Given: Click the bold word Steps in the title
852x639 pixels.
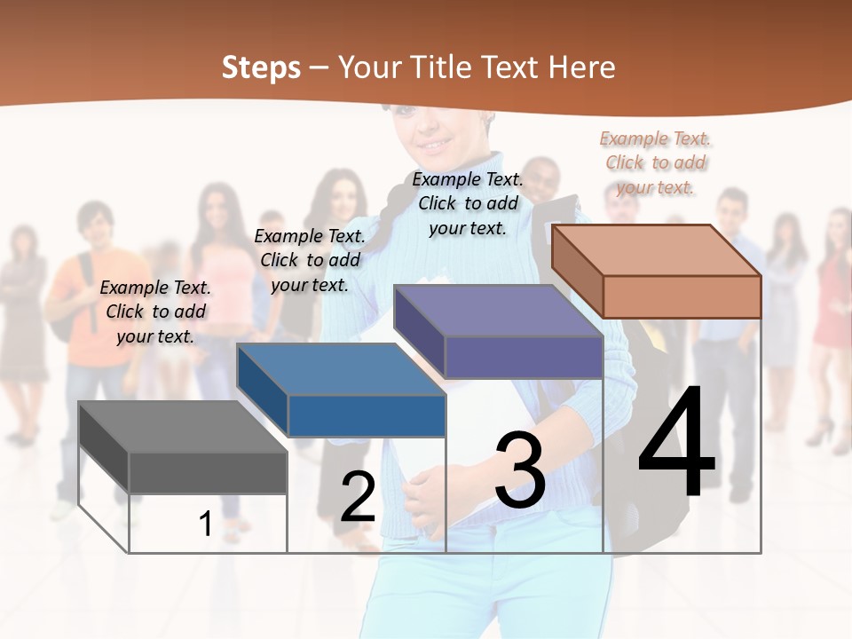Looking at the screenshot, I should click(x=261, y=67).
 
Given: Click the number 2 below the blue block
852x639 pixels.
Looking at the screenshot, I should click(x=358, y=497).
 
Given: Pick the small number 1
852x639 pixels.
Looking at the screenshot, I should click(x=205, y=524).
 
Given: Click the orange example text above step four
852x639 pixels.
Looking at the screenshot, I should click(x=655, y=162).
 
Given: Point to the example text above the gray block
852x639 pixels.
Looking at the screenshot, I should click(x=156, y=312).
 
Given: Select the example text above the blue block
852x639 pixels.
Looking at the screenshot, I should click(x=310, y=260).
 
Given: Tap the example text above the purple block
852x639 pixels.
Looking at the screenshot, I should click(x=468, y=203).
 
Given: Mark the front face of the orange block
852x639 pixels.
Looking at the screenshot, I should click(x=682, y=296).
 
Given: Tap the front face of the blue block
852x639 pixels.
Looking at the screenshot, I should click(x=367, y=415).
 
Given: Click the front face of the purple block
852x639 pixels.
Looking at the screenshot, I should click(x=524, y=358).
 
